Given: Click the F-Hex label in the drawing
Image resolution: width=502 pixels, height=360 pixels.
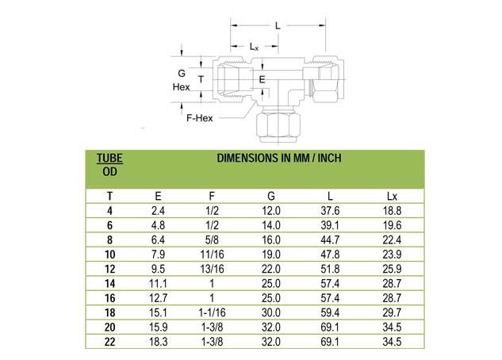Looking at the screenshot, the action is pos(200,118).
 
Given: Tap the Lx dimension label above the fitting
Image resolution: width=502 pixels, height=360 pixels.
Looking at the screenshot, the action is pos(254,47).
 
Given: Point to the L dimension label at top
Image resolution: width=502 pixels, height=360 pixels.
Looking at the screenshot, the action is pos(278,25).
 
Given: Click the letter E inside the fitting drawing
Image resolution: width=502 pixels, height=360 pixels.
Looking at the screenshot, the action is pos(262,79).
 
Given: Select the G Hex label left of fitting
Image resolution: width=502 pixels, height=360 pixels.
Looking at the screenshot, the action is pos(181,80).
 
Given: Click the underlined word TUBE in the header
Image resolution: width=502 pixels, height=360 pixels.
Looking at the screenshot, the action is pos(109,158).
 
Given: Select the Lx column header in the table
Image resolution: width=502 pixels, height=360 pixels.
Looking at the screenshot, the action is pos(392,196).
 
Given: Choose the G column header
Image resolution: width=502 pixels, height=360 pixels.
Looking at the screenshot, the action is pos(271,196).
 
